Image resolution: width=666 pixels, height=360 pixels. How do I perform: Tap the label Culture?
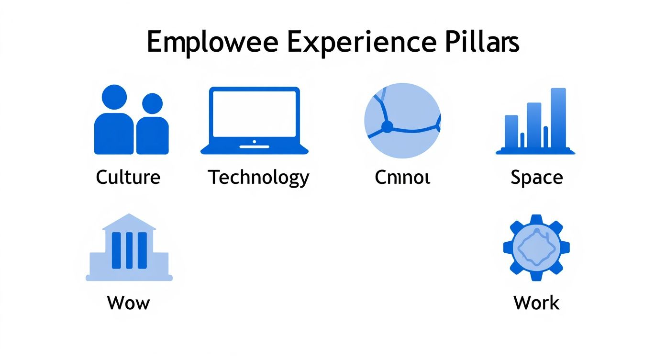click(128, 178)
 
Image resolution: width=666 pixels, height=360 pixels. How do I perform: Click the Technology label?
click(259, 178)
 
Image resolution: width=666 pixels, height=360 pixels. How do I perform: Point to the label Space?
click(536, 178)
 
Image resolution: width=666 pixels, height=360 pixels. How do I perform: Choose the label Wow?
click(128, 303)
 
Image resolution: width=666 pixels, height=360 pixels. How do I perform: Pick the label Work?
click(536, 303)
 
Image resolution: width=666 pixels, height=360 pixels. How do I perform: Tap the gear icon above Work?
click(536, 247)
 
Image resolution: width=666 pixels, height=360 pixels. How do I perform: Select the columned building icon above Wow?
click(129, 247)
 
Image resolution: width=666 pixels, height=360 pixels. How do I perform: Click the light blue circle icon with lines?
click(402, 120)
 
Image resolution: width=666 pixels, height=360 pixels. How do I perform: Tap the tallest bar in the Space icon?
click(558, 118)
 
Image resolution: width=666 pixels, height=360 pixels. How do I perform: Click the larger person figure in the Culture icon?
click(114, 122)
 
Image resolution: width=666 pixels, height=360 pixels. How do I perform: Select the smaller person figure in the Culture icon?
click(153, 127)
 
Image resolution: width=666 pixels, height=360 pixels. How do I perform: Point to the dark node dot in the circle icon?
click(387, 127)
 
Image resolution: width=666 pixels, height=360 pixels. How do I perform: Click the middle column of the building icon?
click(129, 250)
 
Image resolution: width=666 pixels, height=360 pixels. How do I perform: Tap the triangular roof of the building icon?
click(129, 222)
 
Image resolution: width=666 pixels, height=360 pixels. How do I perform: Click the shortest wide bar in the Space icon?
click(511, 132)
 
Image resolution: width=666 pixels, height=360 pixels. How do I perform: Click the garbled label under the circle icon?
click(402, 178)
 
